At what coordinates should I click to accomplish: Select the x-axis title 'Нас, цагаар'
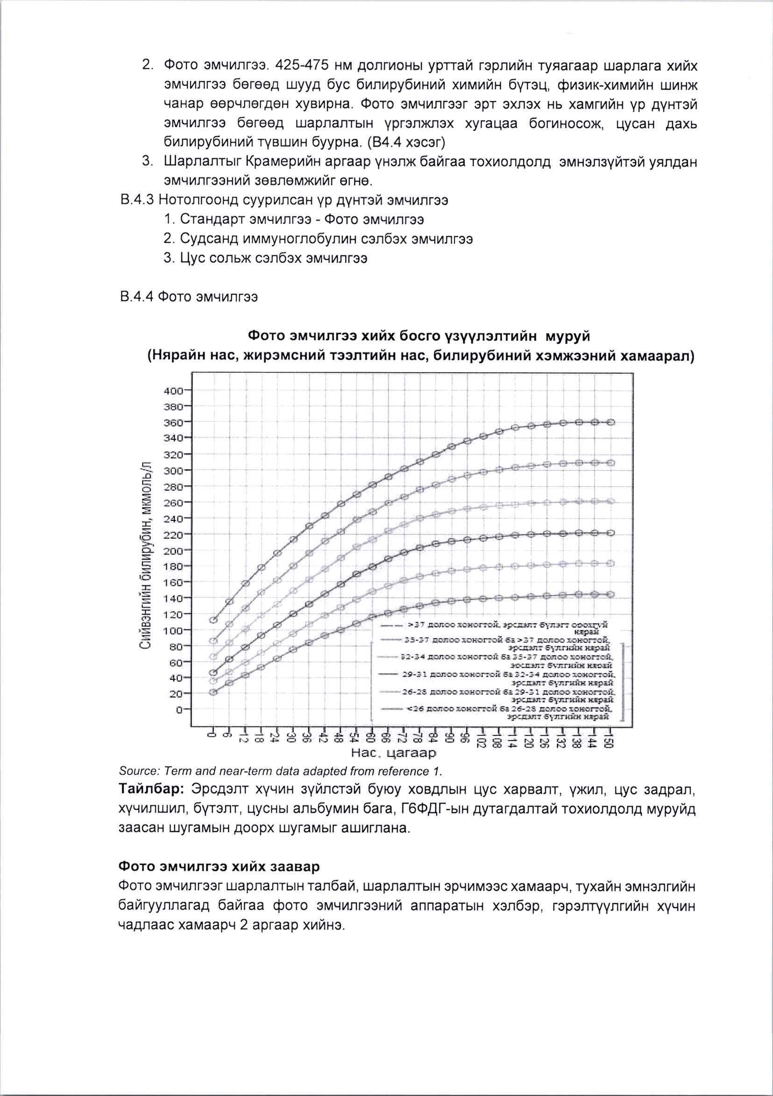click(394, 754)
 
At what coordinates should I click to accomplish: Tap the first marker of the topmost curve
click(213, 620)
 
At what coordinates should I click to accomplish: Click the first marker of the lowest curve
click(213, 692)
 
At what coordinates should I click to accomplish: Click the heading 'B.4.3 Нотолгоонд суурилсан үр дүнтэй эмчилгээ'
click(284, 200)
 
